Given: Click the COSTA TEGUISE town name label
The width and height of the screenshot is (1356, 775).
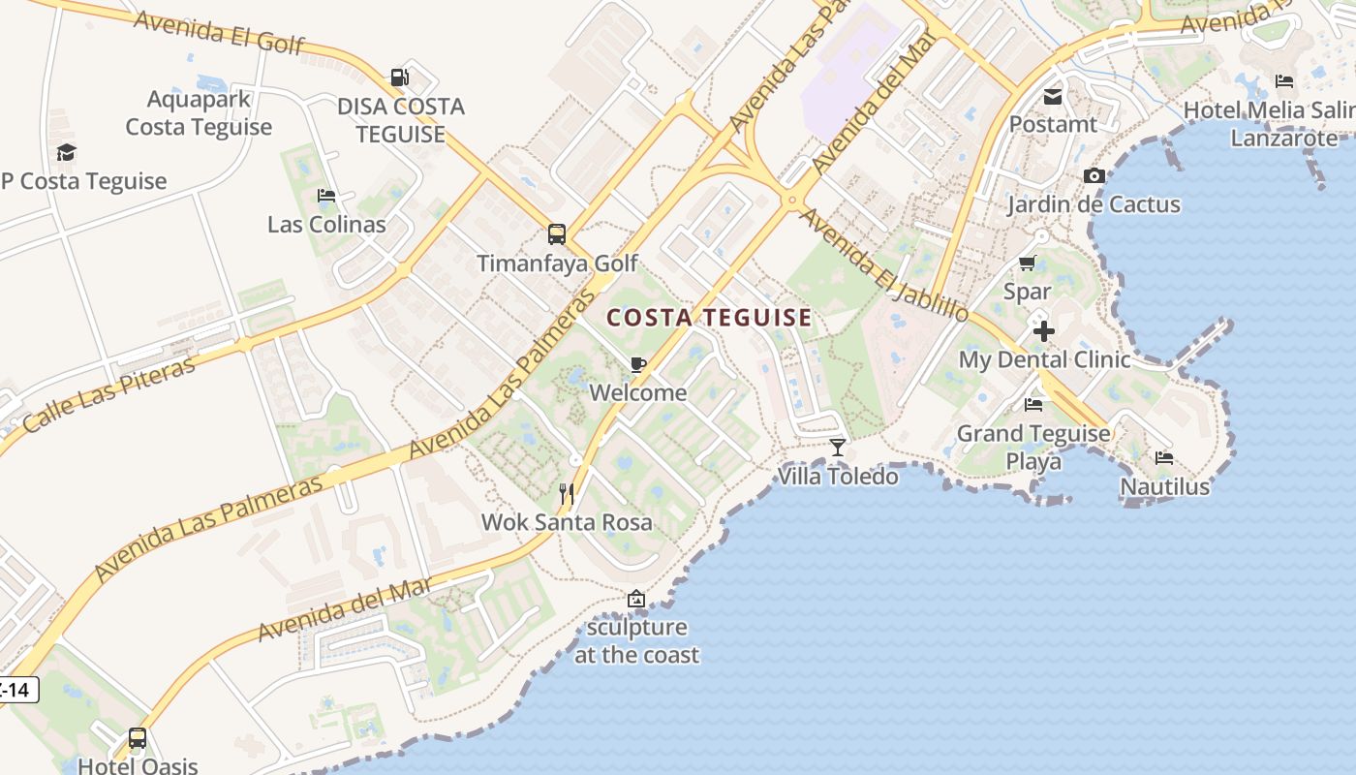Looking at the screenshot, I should (709, 318).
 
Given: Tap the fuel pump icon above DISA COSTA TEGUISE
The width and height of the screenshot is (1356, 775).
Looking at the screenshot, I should (399, 77).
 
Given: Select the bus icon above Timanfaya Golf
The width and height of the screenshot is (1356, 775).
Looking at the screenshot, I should (557, 233).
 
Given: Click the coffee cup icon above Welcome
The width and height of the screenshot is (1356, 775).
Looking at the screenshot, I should (637, 364).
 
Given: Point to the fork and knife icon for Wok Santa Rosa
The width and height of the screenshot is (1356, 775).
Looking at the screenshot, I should (567, 494).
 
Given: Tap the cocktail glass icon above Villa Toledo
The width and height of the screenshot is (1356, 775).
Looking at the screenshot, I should (838, 448).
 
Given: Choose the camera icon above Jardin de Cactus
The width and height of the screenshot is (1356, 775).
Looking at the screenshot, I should (1094, 175).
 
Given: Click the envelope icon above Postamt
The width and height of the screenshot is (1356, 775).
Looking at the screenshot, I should (1053, 96).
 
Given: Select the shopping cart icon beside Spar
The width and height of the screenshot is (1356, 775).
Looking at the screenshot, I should (1028, 263).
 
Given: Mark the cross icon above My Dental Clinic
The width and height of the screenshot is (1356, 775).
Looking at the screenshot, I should (1043, 331).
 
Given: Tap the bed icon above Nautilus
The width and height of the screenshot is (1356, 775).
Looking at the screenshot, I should (1164, 457).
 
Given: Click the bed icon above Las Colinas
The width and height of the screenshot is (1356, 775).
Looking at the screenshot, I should (326, 196).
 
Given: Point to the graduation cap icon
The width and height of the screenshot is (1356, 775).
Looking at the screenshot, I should (66, 152).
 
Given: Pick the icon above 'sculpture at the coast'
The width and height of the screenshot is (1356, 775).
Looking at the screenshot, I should (635, 600).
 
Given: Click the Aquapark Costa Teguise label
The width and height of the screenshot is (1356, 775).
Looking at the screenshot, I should (199, 112).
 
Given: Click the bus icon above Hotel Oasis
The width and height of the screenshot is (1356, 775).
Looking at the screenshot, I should (138, 738).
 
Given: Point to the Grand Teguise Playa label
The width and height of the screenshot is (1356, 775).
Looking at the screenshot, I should (1033, 447).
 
